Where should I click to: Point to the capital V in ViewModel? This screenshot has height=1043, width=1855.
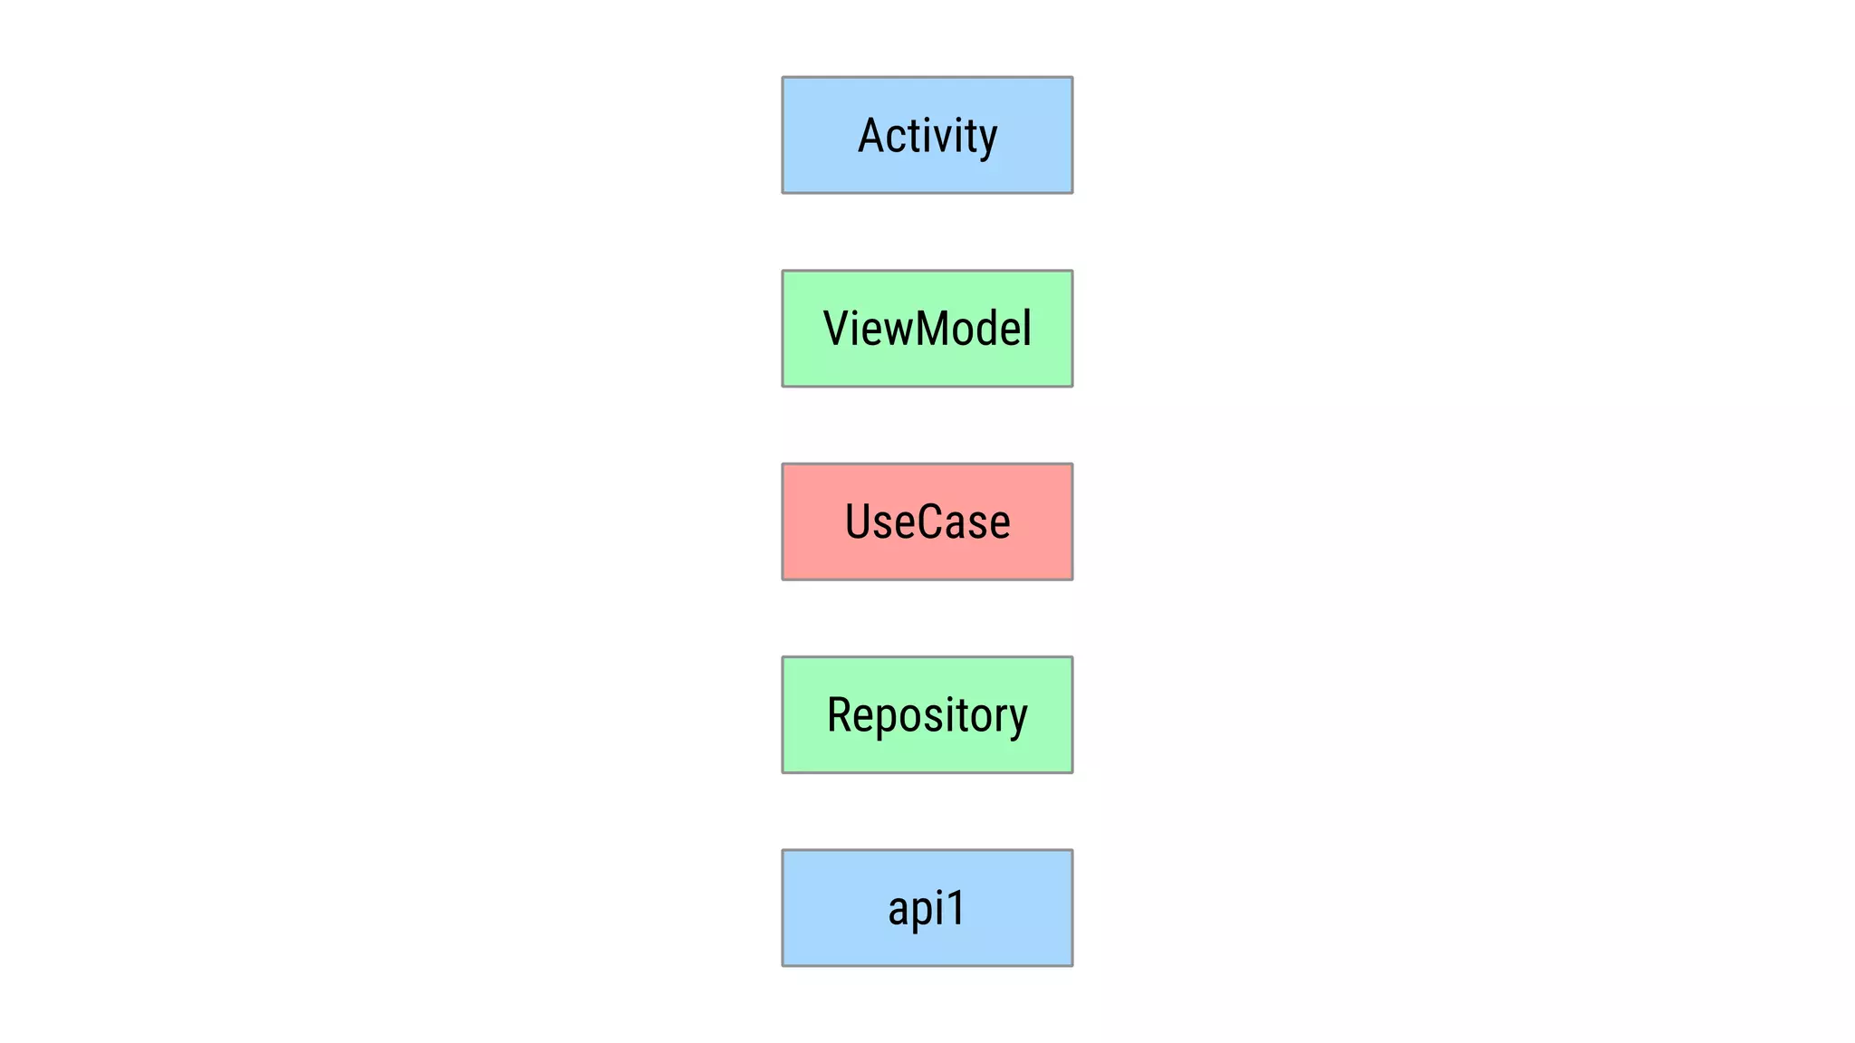pyautogui.click(x=837, y=328)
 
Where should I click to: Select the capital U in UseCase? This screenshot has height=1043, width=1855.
pyautogui.click(x=858, y=521)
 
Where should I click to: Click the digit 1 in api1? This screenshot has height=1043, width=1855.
pyautogui.click(x=955, y=907)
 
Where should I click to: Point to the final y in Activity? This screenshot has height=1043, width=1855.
pyautogui.click(x=986, y=140)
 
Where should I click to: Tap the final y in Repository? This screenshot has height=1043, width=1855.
pyautogui.click(x=1017, y=720)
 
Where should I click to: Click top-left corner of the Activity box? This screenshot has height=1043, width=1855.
pyautogui.click(x=783, y=78)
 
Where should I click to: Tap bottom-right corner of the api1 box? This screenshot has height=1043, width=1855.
pyautogui.click(x=1072, y=965)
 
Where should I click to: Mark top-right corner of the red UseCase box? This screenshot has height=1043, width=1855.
pyautogui.click(x=1072, y=464)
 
